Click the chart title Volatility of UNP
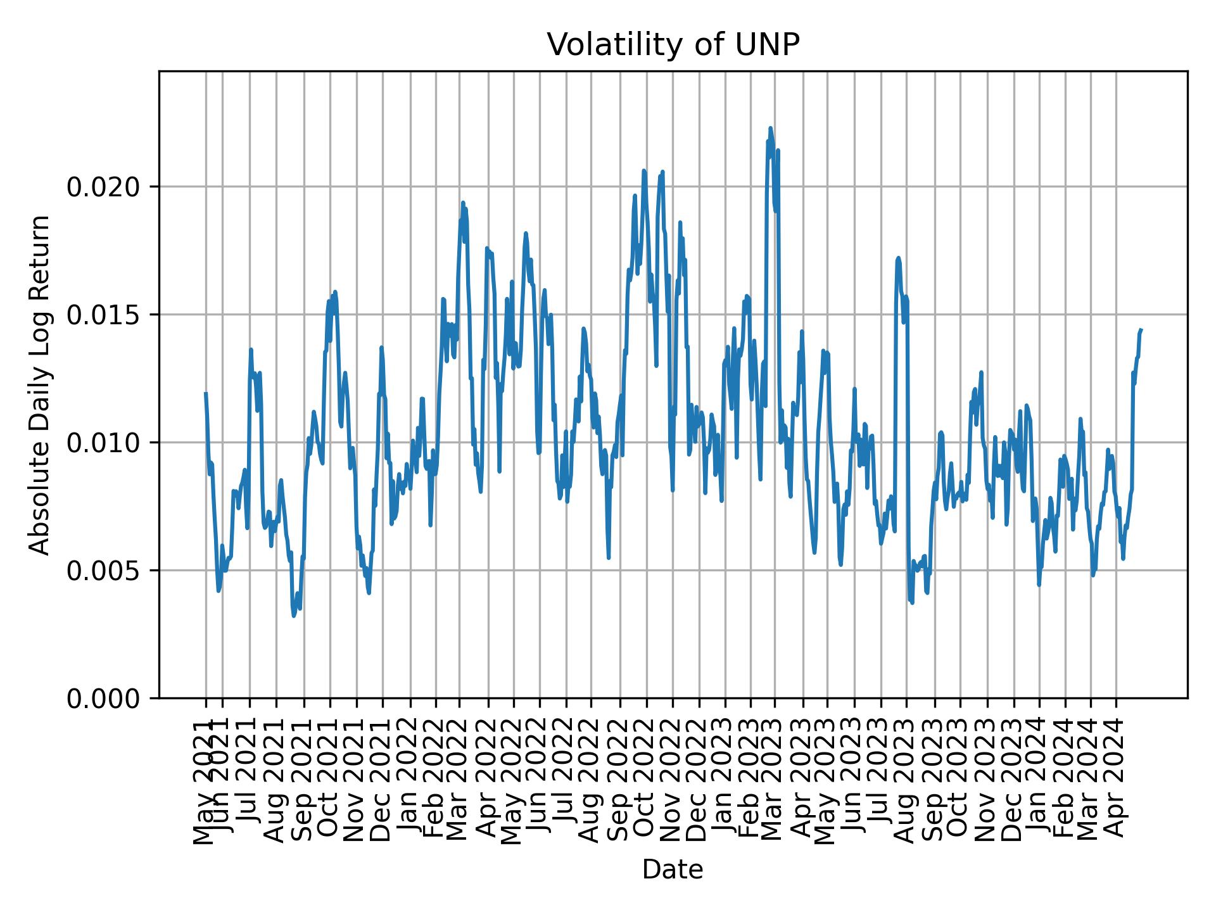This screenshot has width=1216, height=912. tap(673, 45)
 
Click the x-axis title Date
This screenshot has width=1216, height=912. tap(673, 870)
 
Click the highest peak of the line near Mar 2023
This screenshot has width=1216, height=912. tap(771, 128)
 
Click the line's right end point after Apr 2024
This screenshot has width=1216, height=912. tap(1141, 329)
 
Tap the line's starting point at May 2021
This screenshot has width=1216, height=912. tap(206, 393)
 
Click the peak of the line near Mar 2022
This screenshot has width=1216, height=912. tap(463, 203)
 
